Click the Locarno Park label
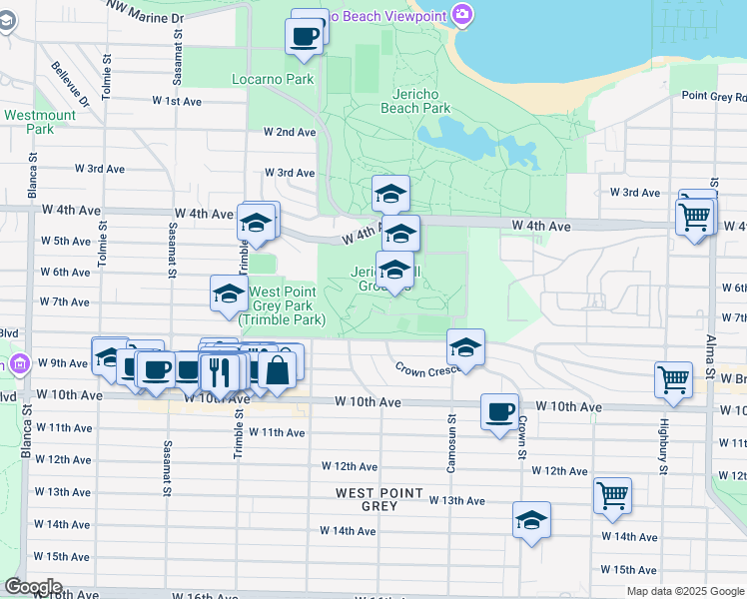(273, 79)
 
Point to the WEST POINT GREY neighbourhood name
(379, 499)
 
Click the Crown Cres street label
(425, 369)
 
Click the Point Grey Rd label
(713, 96)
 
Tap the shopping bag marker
(278, 367)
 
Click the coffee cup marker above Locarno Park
(306, 36)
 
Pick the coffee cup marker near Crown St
(499, 410)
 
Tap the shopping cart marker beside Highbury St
(674, 379)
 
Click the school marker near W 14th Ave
(531, 519)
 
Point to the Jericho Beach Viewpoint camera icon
(461, 15)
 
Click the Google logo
(33, 587)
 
